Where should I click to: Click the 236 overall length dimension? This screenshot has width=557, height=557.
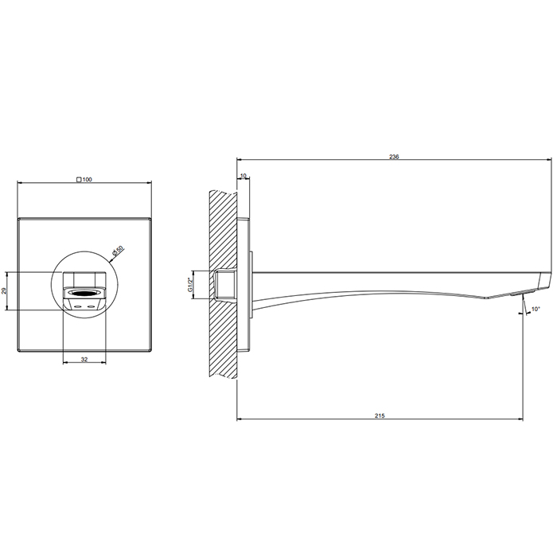(x=394, y=157)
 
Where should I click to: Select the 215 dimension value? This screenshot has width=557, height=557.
(x=380, y=415)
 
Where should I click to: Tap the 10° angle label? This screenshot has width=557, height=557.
(x=536, y=309)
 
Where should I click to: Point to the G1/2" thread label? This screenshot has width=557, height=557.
(x=190, y=285)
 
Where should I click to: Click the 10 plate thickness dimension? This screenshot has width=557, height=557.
(x=243, y=176)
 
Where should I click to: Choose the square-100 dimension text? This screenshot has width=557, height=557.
(x=84, y=179)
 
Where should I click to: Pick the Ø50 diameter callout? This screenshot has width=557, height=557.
(x=118, y=250)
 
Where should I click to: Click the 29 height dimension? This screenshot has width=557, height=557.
(x=4, y=291)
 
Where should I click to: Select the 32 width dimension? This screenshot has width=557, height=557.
(x=84, y=359)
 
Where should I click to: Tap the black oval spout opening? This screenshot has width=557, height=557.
(x=84, y=293)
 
